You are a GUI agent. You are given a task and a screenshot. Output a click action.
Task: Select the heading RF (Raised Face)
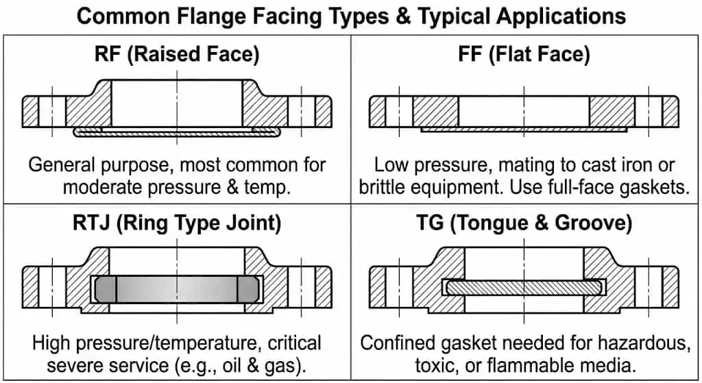point(177,54)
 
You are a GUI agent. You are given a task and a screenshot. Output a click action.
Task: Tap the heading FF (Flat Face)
point(524,54)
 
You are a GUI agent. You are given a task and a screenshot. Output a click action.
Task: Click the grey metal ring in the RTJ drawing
point(177,288)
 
